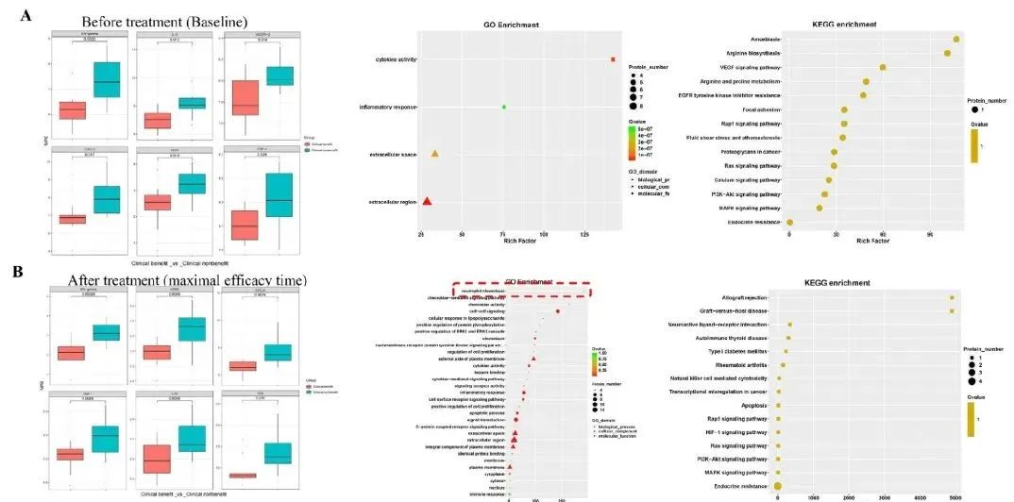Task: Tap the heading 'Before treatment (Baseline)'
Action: tap(164, 21)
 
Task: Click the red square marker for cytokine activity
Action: tap(613, 59)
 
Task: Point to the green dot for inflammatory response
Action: tap(504, 107)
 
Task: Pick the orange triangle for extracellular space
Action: tap(435, 153)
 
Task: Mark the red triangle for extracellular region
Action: tap(427, 200)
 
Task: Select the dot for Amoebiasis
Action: tap(956, 39)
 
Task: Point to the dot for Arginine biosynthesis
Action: tap(947, 53)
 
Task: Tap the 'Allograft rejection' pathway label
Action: tap(743, 297)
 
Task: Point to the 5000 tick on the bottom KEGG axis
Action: tap(954, 495)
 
